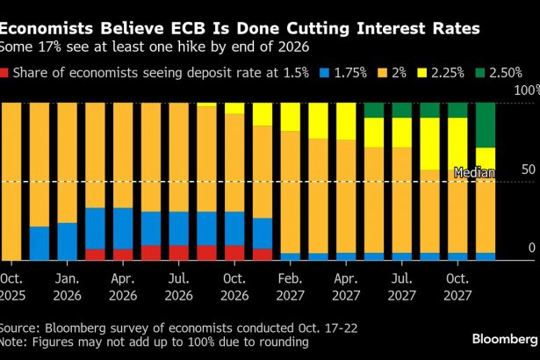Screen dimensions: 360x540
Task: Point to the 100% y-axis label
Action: coord(525,90)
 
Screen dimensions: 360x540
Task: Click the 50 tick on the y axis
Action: coord(525,168)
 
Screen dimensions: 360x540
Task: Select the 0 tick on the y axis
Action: coord(530,248)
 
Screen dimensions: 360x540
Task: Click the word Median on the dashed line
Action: coord(472,173)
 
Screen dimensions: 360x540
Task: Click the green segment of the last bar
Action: coord(486,125)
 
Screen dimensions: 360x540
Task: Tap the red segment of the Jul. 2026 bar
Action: coord(179,253)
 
